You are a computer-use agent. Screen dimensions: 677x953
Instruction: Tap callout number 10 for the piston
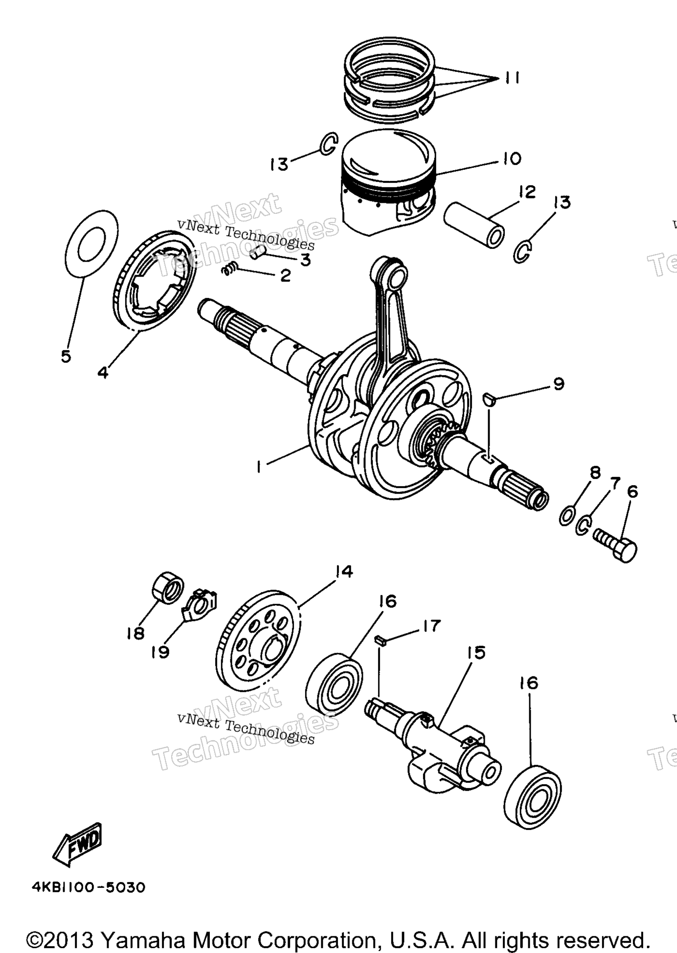512,158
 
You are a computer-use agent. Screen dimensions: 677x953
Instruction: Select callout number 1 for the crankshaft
259,466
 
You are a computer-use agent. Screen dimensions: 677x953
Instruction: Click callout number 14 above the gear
344,572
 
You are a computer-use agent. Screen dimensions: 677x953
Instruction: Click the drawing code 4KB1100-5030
88,887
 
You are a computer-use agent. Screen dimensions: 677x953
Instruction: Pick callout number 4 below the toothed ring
103,372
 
